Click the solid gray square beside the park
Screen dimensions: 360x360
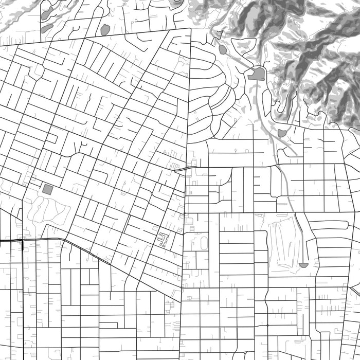(48, 189)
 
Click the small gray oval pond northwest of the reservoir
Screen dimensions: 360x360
(222, 49)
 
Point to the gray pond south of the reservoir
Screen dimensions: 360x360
(282, 133)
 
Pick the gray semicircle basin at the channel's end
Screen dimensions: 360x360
(303, 265)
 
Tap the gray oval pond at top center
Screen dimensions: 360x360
(105, 30)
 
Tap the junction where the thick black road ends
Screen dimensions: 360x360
(22, 240)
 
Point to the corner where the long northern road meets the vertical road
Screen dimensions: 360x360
(191, 29)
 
